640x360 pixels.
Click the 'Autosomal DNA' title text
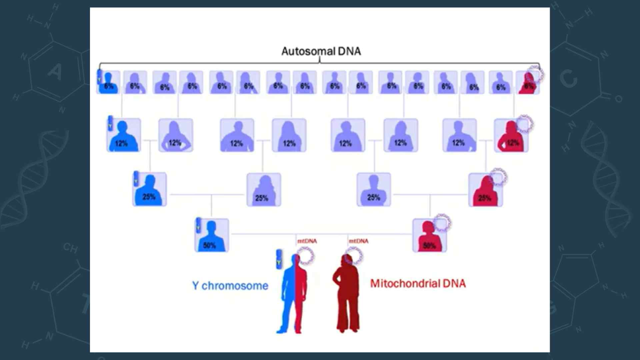coord(321,51)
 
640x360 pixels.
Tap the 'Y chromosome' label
coord(230,286)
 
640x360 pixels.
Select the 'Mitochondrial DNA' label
coord(418,283)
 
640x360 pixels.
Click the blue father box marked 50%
coord(212,235)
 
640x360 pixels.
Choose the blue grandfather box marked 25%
coord(150,189)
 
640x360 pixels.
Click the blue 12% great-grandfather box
coord(124,135)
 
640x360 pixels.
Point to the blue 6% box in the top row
coord(109,82)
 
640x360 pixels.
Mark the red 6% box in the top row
coord(527,83)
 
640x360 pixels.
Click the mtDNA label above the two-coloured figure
coord(307,241)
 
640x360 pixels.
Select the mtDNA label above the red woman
coord(359,241)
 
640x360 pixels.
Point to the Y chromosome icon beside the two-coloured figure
coord(279,259)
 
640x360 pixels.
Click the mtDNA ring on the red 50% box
coord(442,223)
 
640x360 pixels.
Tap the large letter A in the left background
coord(55,72)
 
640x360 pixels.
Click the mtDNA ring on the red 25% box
coord(498,177)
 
